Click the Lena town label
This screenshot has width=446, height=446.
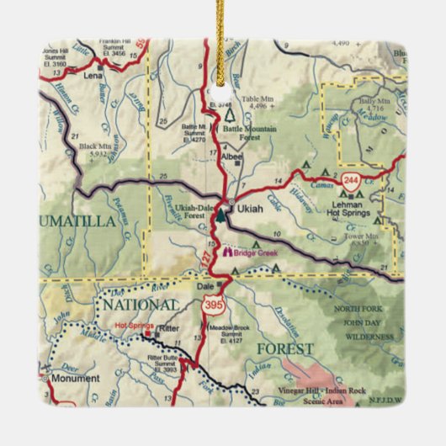pos(93,75)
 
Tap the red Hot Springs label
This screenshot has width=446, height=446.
pos(133,324)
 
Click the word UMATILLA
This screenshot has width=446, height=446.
pos(76,221)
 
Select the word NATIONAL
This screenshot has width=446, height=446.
pos(139,303)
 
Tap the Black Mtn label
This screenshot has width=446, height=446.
pos(94,150)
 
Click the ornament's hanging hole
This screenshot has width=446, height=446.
pos(223,84)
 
